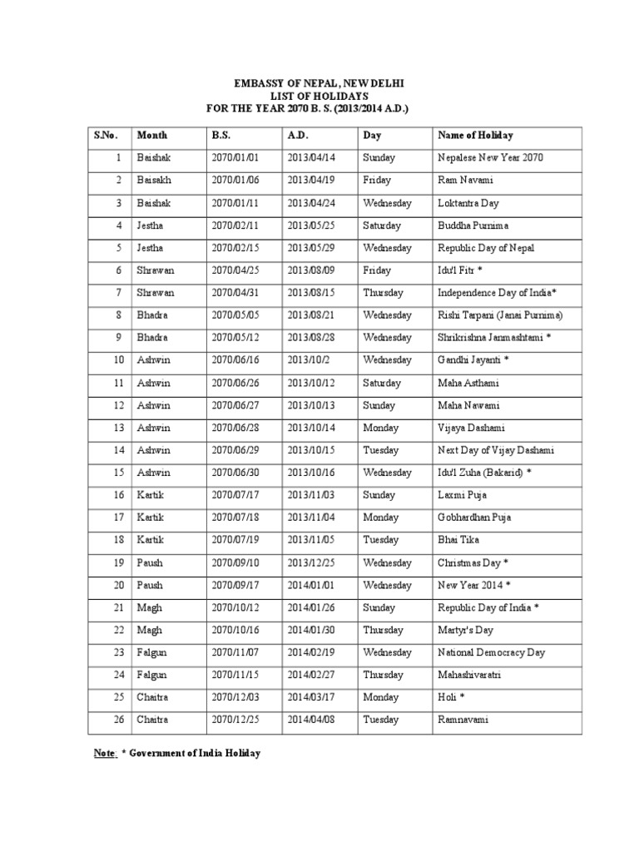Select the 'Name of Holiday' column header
475,135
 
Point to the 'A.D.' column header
298,135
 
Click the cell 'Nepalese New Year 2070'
490,158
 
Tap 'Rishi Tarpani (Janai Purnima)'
500,315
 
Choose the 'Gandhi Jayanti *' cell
473,360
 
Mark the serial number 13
119,428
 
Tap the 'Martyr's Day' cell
465,630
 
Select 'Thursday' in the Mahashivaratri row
383,675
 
